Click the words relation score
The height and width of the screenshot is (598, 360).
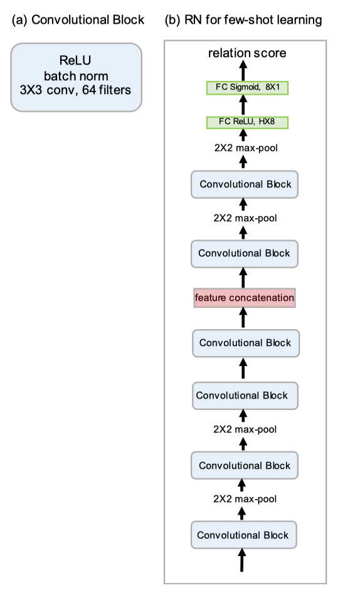(x=247, y=53)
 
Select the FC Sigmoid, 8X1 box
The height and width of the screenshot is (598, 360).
(x=247, y=88)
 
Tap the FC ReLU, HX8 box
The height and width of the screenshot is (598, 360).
(x=247, y=122)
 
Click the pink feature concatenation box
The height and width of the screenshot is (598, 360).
(x=245, y=298)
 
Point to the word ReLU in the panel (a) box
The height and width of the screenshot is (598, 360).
(x=75, y=60)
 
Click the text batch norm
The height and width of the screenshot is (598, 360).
(x=76, y=76)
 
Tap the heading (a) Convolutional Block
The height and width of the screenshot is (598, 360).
(x=78, y=20)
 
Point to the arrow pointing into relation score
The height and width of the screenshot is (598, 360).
(x=243, y=71)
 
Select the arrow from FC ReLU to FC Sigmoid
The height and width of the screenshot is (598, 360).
(x=243, y=105)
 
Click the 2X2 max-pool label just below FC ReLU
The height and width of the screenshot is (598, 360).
(x=246, y=147)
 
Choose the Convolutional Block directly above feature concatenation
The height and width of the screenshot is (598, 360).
(x=245, y=254)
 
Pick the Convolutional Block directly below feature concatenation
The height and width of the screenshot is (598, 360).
(x=246, y=344)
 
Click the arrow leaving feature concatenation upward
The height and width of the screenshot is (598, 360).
(x=243, y=278)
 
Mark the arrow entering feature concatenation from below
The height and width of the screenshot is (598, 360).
(x=243, y=318)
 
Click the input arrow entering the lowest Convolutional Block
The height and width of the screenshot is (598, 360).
(x=241, y=560)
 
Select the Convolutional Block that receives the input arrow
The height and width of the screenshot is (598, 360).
(x=243, y=535)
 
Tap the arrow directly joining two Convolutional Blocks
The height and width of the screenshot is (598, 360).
(x=243, y=370)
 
